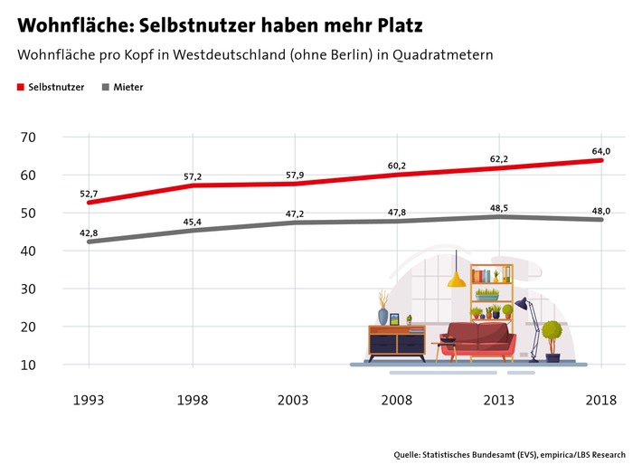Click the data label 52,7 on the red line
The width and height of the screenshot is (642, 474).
tap(89, 193)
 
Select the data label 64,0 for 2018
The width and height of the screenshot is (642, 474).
tap(601, 151)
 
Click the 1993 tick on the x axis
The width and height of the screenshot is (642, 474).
tap(89, 401)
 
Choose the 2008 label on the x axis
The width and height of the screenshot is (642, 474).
tap(396, 401)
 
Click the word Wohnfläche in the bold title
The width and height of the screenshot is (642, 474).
tap(69, 20)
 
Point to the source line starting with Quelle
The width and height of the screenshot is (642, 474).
tap(509, 454)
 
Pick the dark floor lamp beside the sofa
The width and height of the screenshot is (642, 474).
tap(528, 321)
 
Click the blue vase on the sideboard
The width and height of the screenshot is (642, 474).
tap(383, 317)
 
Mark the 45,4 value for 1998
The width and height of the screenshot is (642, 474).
tap(192, 220)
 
